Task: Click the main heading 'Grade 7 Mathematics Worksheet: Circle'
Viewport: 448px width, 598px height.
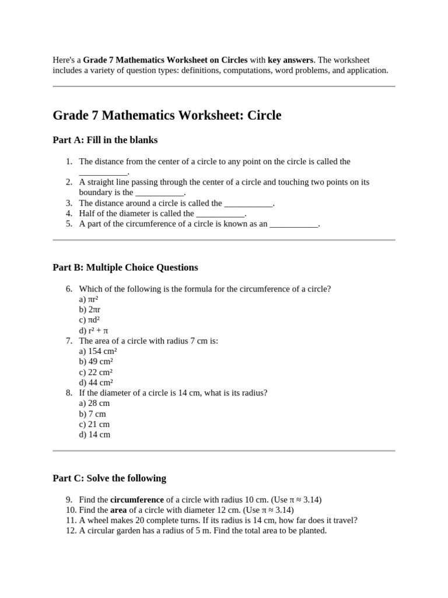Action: point(167,116)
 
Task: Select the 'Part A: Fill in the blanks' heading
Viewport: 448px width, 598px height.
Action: point(105,140)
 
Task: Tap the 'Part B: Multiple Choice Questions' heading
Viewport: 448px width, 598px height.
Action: point(125,267)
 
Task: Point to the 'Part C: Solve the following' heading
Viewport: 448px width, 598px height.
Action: point(109,478)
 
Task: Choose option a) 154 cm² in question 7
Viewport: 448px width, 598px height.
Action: point(98,351)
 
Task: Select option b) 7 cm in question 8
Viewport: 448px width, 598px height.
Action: point(92,413)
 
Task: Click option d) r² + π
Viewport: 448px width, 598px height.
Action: point(93,331)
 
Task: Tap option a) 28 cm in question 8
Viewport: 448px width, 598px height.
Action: point(94,403)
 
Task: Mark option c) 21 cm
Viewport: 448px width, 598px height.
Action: point(94,424)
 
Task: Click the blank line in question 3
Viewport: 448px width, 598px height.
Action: point(249,204)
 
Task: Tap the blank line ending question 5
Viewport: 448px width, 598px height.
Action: point(294,224)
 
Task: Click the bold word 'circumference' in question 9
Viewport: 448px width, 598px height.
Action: point(137,500)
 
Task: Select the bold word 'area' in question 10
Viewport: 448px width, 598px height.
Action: point(119,510)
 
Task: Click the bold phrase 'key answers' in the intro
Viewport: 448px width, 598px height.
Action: point(290,60)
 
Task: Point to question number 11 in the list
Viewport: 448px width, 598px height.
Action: point(71,520)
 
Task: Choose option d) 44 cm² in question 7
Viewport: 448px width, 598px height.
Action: point(96,383)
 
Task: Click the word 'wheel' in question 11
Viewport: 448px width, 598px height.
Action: point(97,520)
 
